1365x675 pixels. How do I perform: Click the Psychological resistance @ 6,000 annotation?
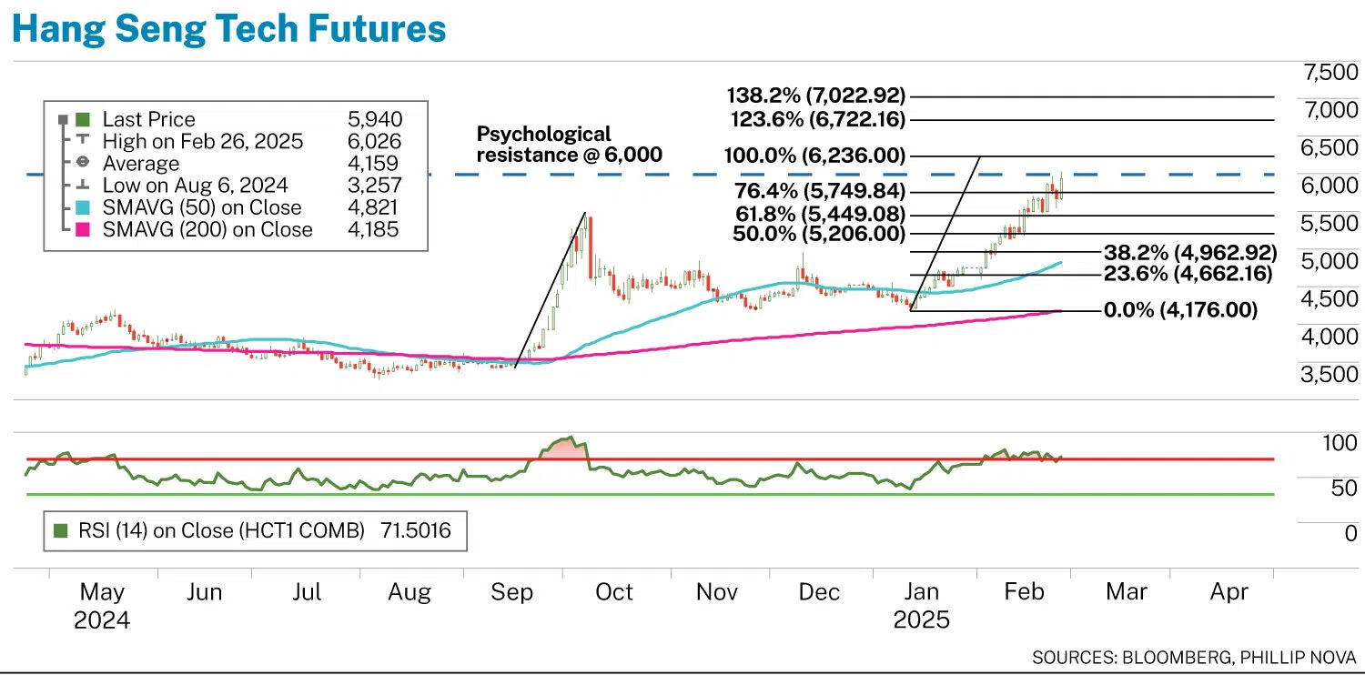[569, 145]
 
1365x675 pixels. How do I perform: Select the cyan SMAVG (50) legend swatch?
[82, 208]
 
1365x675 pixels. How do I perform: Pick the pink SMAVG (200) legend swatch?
[82, 230]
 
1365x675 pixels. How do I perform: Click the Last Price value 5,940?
[375, 119]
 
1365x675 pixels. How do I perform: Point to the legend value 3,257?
[375, 186]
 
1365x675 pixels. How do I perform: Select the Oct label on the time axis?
[613, 593]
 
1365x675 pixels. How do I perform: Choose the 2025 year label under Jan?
[921, 621]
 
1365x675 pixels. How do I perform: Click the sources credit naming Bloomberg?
[1194, 657]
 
